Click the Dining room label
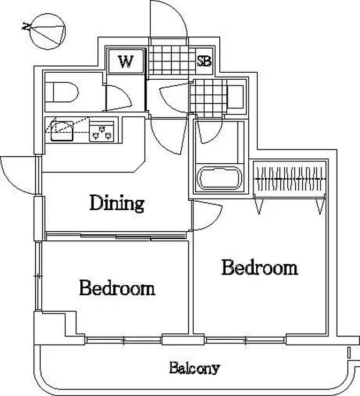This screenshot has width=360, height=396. click(x=117, y=203)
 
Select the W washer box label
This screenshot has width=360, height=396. click(x=126, y=62)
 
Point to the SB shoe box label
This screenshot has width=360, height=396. click(x=204, y=62)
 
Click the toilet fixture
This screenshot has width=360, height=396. click(x=62, y=92)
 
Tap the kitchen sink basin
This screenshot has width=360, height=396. click(x=62, y=131)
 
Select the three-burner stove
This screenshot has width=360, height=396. click(x=102, y=131)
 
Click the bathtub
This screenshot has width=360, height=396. click(x=219, y=178)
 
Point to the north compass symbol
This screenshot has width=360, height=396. click(x=48, y=32)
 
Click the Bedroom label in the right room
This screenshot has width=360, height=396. click(x=260, y=268)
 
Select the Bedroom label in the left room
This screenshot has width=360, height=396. click(x=117, y=287)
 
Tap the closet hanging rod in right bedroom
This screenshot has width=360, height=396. click(x=290, y=179)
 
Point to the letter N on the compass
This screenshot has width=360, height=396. click(x=26, y=26)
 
